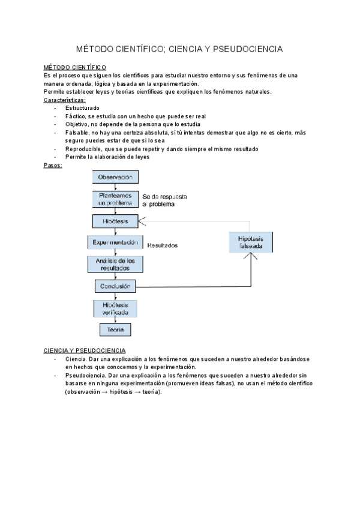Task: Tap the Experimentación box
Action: [x=116, y=242]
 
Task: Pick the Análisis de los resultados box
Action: [x=115, y=264]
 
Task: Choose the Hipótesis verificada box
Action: [x=115, y=308]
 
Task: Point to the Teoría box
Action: [x=115, y=330]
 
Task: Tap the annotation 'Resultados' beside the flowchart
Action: [x=163, y=245]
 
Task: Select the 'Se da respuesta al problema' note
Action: [x=164, y=200]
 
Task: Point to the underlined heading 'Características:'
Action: [x=65, y=100]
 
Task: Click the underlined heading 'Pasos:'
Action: [x=53, y=164]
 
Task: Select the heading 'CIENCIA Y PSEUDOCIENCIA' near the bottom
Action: [x=85, y=350]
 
